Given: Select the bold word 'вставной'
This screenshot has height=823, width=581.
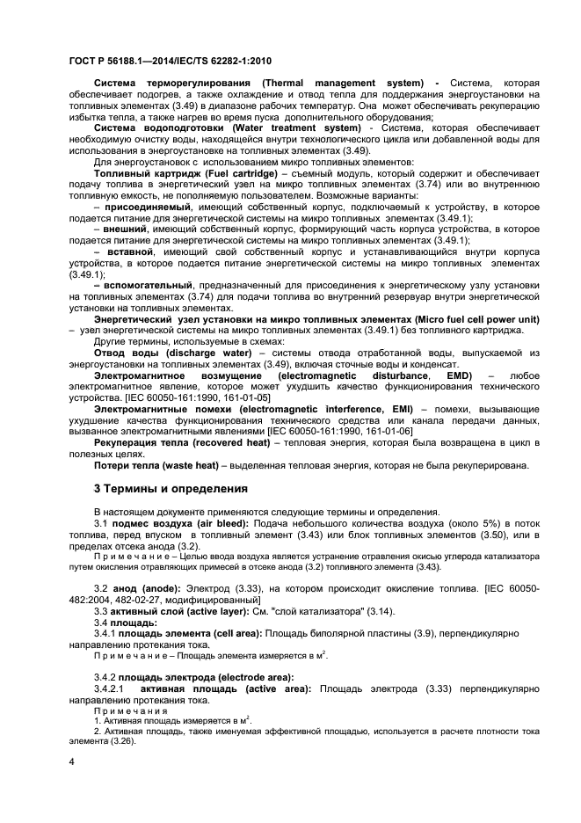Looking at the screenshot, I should [x=134, y=252].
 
